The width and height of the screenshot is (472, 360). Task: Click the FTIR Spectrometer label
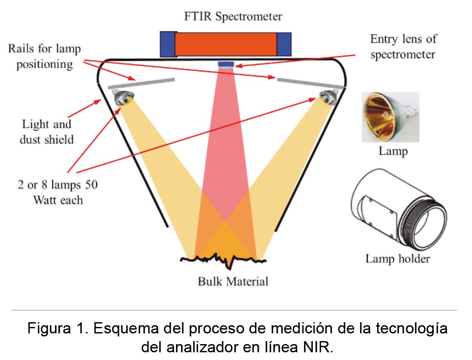[233, 16]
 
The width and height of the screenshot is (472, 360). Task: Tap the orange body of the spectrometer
[226, 44]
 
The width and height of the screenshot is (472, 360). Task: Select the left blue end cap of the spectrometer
[168, 44]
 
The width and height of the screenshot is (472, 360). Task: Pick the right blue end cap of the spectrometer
[284, 44]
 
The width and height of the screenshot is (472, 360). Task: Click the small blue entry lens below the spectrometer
[226, 64]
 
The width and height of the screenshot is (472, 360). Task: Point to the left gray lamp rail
[141, 83]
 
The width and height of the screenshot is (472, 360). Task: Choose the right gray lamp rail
[310, 83]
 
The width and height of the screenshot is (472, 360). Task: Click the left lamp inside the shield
[123, 98]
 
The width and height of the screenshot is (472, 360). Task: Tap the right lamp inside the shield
[328, 97]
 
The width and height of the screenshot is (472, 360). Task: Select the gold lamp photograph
[390, 117]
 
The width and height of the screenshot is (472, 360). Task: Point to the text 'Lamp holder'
[397, 259]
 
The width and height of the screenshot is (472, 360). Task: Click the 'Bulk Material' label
[233, 281]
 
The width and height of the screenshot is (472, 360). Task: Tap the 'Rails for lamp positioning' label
[45, 56]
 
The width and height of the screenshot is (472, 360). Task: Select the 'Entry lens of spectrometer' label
[403, 47]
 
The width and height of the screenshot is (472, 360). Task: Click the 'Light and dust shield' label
[47, 132]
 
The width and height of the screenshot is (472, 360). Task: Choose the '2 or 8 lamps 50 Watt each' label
[57, 192]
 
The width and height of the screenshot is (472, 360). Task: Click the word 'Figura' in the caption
[48, 328]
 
